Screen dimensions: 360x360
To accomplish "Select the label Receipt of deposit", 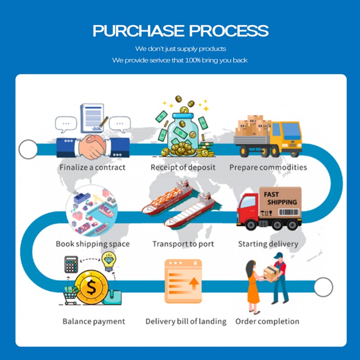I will [183, 167].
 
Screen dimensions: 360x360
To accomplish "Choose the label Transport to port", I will [183, 244].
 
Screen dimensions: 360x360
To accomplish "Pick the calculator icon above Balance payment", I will [72, 265].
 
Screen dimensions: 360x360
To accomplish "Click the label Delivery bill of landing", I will [186, 321].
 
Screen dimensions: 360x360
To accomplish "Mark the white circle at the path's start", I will [28, 149].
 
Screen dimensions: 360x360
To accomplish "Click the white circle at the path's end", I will [323, 287].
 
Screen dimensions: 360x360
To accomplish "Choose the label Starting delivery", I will [268, 244].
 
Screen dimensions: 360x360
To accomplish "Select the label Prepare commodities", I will [268, 167].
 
